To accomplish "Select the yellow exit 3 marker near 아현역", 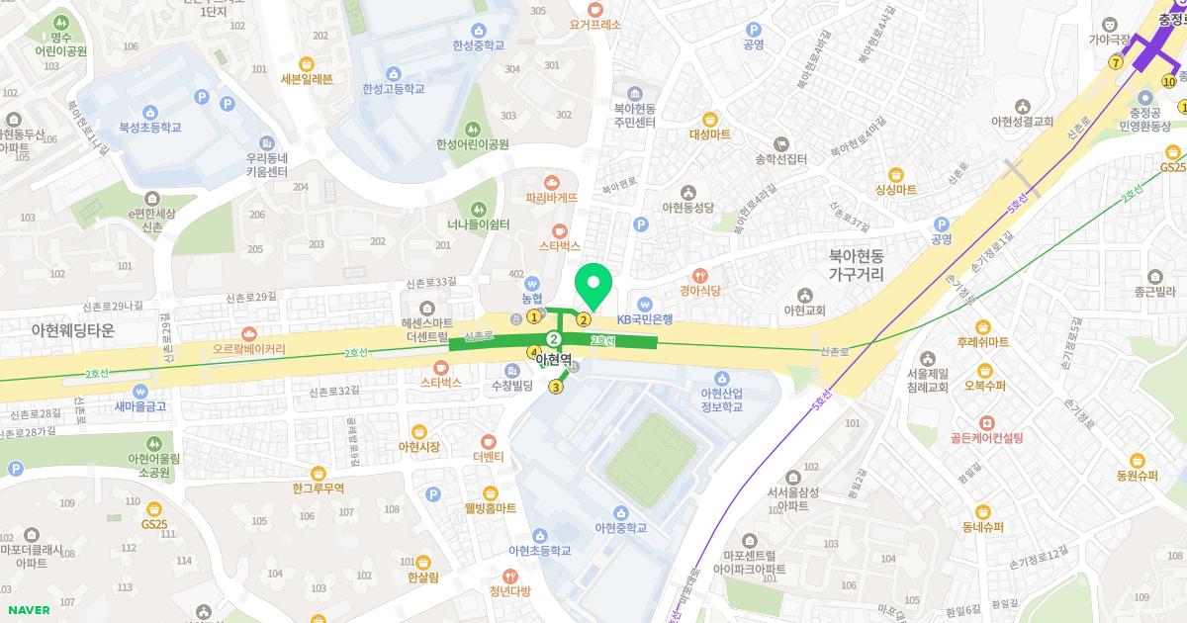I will (556, 387).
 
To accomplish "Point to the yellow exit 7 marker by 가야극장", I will (1116, 62).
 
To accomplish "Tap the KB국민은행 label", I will (645, 318).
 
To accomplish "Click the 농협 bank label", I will (532, 298).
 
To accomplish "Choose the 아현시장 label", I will (419, 447).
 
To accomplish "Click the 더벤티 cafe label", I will (489, 457).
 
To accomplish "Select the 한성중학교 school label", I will (479, 45).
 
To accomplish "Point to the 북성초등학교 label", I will (150, 128).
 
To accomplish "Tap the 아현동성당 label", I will (687, 207).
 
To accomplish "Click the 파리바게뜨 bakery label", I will (552, 197).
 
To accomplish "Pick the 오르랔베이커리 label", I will (248, 349).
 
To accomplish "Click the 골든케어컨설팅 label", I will (987, 436).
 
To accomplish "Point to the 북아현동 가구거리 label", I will (857, 265).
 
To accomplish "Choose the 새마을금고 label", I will (140, 405).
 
